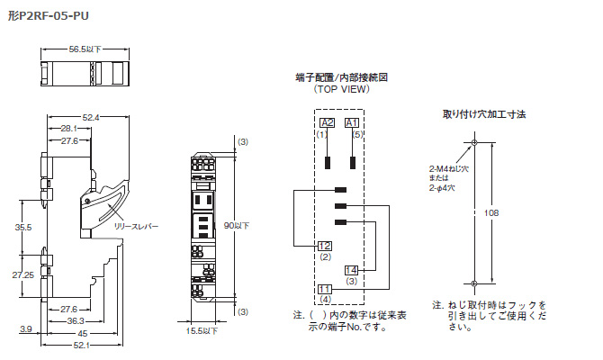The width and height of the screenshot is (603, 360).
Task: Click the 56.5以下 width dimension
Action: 85,49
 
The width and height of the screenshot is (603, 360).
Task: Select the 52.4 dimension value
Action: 91,117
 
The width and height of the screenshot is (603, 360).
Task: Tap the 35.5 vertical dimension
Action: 23,228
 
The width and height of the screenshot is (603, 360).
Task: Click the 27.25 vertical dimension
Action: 23,274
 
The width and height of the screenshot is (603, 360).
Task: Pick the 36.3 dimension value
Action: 76,320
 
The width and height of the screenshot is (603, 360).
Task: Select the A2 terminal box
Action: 327,122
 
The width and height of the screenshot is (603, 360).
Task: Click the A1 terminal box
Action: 352,122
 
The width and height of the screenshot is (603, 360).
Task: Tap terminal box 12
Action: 325,245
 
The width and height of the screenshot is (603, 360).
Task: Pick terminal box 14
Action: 351,269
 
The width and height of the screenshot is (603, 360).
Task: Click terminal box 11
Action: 325,287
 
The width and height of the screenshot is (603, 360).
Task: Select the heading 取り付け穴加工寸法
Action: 483,114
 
